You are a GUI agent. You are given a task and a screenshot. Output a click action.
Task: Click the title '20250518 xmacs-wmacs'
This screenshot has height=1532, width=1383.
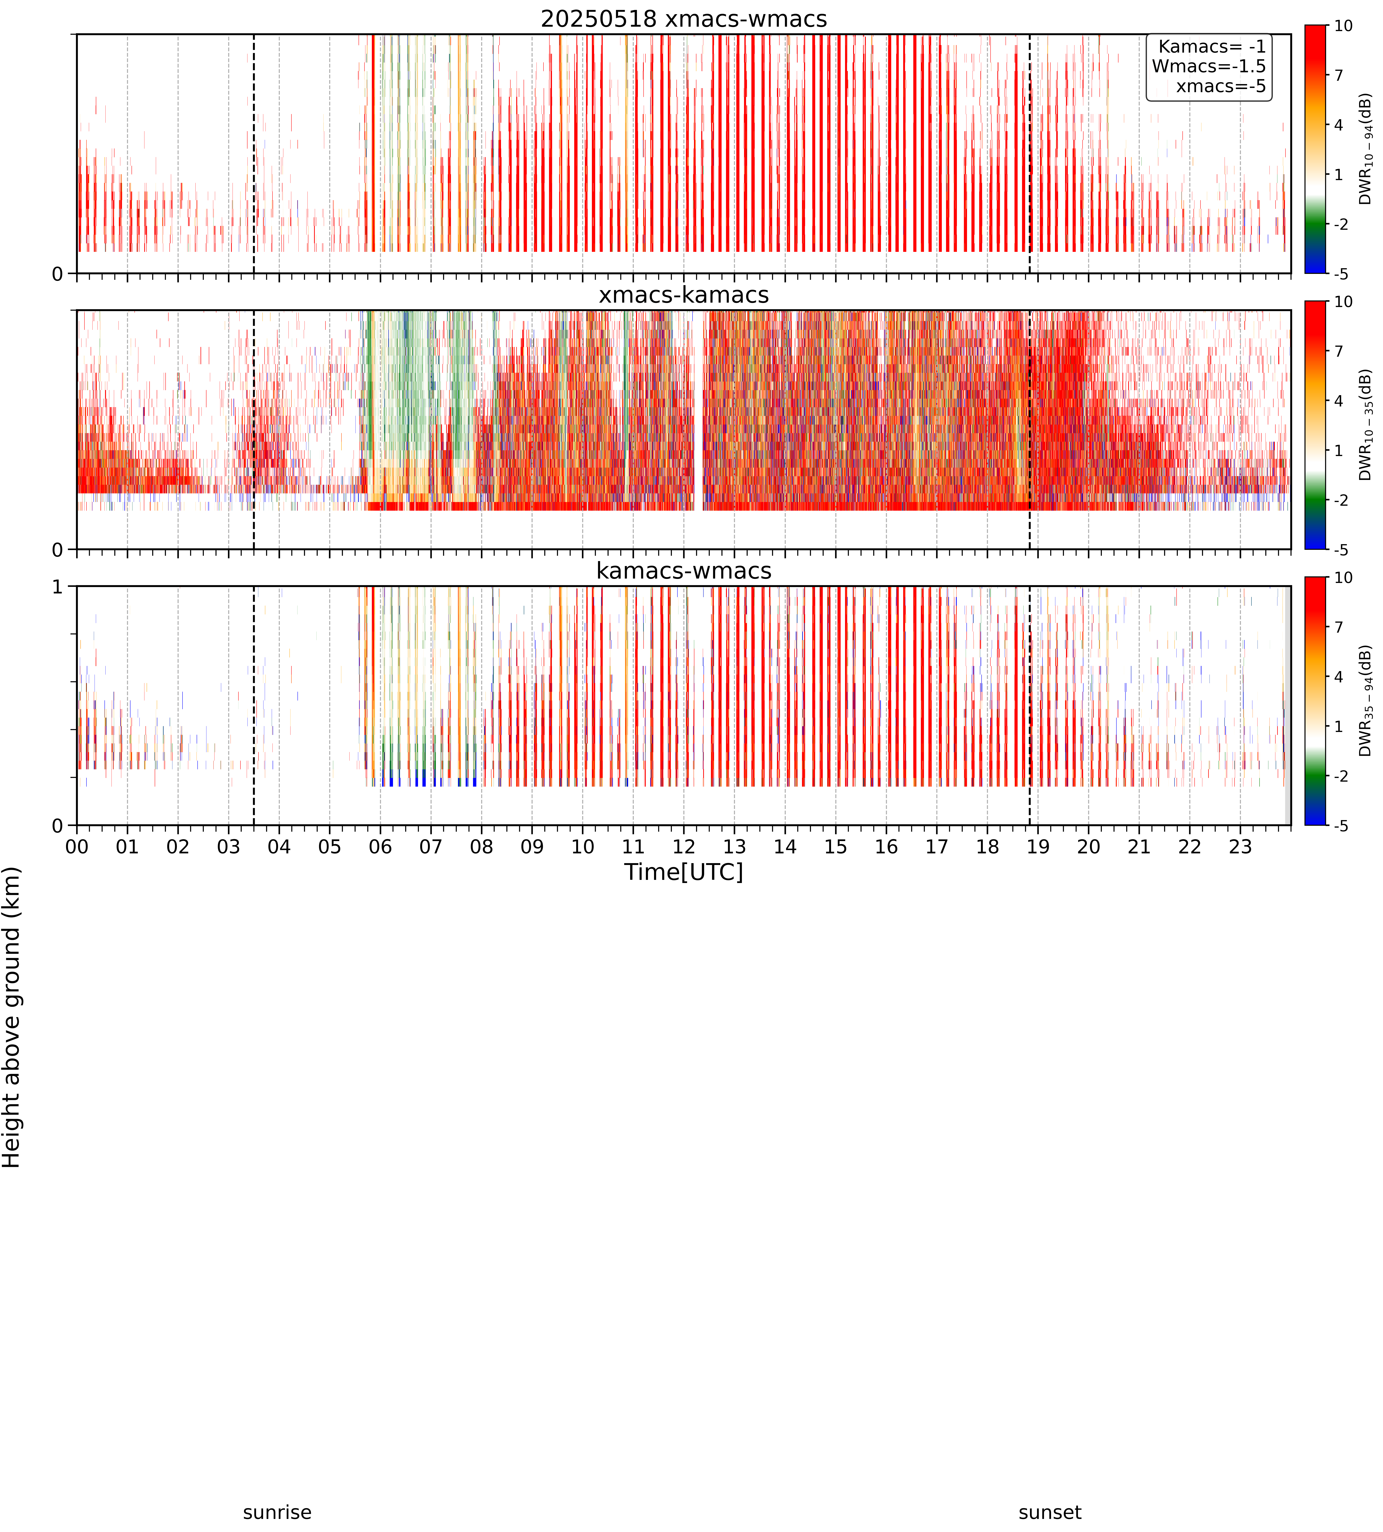[x=684, y=19]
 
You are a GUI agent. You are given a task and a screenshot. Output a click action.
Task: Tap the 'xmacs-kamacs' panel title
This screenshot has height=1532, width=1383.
[x=684, y=295]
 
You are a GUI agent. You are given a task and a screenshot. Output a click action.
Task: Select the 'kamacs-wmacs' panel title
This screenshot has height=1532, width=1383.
[x=684, y=571]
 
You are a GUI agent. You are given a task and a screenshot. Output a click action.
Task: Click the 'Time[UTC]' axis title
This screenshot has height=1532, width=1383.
[x=684, y=872]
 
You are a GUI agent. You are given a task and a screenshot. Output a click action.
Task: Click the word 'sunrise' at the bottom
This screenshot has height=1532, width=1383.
[x=277, y=1512]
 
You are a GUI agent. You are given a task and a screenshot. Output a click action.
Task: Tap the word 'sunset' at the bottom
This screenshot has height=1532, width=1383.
[x=1050, y=1512]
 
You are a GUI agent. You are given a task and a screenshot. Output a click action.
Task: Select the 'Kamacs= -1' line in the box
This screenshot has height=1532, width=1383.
[x=1212, y=46]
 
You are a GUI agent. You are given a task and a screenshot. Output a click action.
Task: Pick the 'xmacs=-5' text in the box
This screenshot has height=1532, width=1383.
[x=1221, y=86]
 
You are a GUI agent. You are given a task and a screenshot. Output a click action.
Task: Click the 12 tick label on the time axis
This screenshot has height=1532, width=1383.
[x=684, y=847]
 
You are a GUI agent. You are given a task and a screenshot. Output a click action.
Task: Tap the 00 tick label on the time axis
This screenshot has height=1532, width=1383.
[x=77, y=847]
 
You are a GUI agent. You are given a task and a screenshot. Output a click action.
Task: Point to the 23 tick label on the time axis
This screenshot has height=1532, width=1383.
[x=1240, y=847]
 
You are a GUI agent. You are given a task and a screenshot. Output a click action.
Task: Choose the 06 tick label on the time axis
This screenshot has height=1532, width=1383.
[x=380, y=847]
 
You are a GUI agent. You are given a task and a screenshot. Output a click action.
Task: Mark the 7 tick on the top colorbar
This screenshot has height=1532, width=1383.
[x=1339, y=75]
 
